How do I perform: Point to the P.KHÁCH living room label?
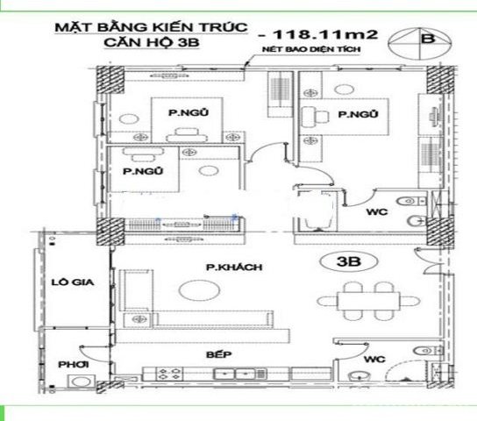(224, 267)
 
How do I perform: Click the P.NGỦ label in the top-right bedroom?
(357, 114)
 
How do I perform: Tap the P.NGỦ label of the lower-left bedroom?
(139, 171)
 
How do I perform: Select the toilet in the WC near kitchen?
(356, 378)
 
